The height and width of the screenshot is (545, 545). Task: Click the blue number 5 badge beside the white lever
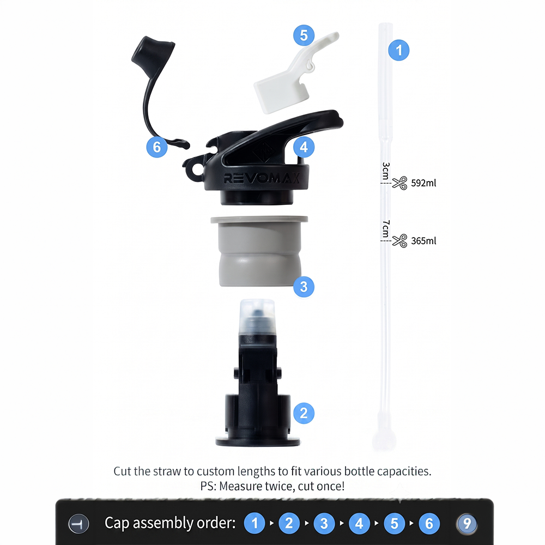pos(304,35)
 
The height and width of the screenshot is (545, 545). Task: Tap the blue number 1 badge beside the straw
pos(399,50)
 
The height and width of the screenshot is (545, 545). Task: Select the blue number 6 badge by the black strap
pos(157,147)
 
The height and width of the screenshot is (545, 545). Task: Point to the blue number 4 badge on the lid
pos(304,147)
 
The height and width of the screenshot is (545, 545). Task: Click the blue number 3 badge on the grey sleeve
pos(304,287)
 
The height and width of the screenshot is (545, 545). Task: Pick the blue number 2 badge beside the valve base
pos(304,413)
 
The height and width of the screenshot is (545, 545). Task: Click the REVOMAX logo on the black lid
pos(262,178)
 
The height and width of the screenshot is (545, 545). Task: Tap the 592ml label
pos(423,183)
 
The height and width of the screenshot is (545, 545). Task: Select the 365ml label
pos(423,241)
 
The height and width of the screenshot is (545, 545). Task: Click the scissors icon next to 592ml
pos(399,183)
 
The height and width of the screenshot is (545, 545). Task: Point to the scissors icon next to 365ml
pos(399,240)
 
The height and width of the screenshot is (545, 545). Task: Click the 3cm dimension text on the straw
pos(386,171)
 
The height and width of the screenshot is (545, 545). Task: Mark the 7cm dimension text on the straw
pos(386,228)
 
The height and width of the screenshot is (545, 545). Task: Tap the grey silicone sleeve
pos(259,251)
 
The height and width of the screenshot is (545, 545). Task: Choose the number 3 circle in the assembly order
pos(324,523)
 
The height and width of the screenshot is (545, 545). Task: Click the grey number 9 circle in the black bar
pos(467,523)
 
